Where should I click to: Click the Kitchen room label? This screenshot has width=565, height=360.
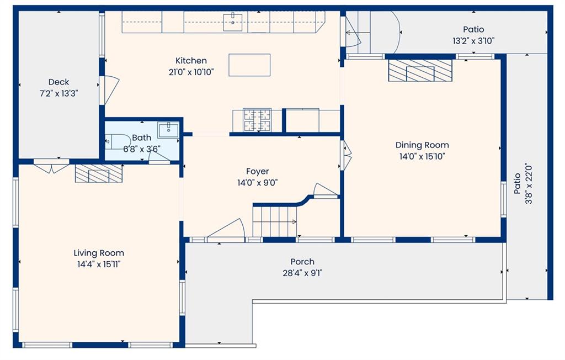[191, 61]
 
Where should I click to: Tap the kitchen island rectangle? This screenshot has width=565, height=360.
[249, 65]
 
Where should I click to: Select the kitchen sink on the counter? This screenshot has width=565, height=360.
[233, 22]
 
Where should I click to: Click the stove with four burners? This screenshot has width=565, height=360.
[257, 120]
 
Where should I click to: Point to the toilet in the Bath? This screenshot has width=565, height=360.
[118, 141]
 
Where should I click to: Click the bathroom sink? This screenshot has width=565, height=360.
[168, 130]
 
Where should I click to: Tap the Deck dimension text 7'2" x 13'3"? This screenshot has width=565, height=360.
[58, 94]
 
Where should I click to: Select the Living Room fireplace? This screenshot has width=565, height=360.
[99, 173]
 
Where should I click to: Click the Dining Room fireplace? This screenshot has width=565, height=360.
[420, 70]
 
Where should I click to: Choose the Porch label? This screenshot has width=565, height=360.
[302, 262]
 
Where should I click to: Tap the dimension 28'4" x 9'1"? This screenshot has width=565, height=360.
[302, 273]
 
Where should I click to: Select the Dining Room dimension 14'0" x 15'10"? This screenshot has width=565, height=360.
[422, 157]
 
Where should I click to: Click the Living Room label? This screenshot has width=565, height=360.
[99, 253]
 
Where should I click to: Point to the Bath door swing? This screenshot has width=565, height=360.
[159, 156]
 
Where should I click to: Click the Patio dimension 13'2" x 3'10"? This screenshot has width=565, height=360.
[473, 41]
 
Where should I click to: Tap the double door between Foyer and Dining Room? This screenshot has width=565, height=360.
[346, 155]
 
